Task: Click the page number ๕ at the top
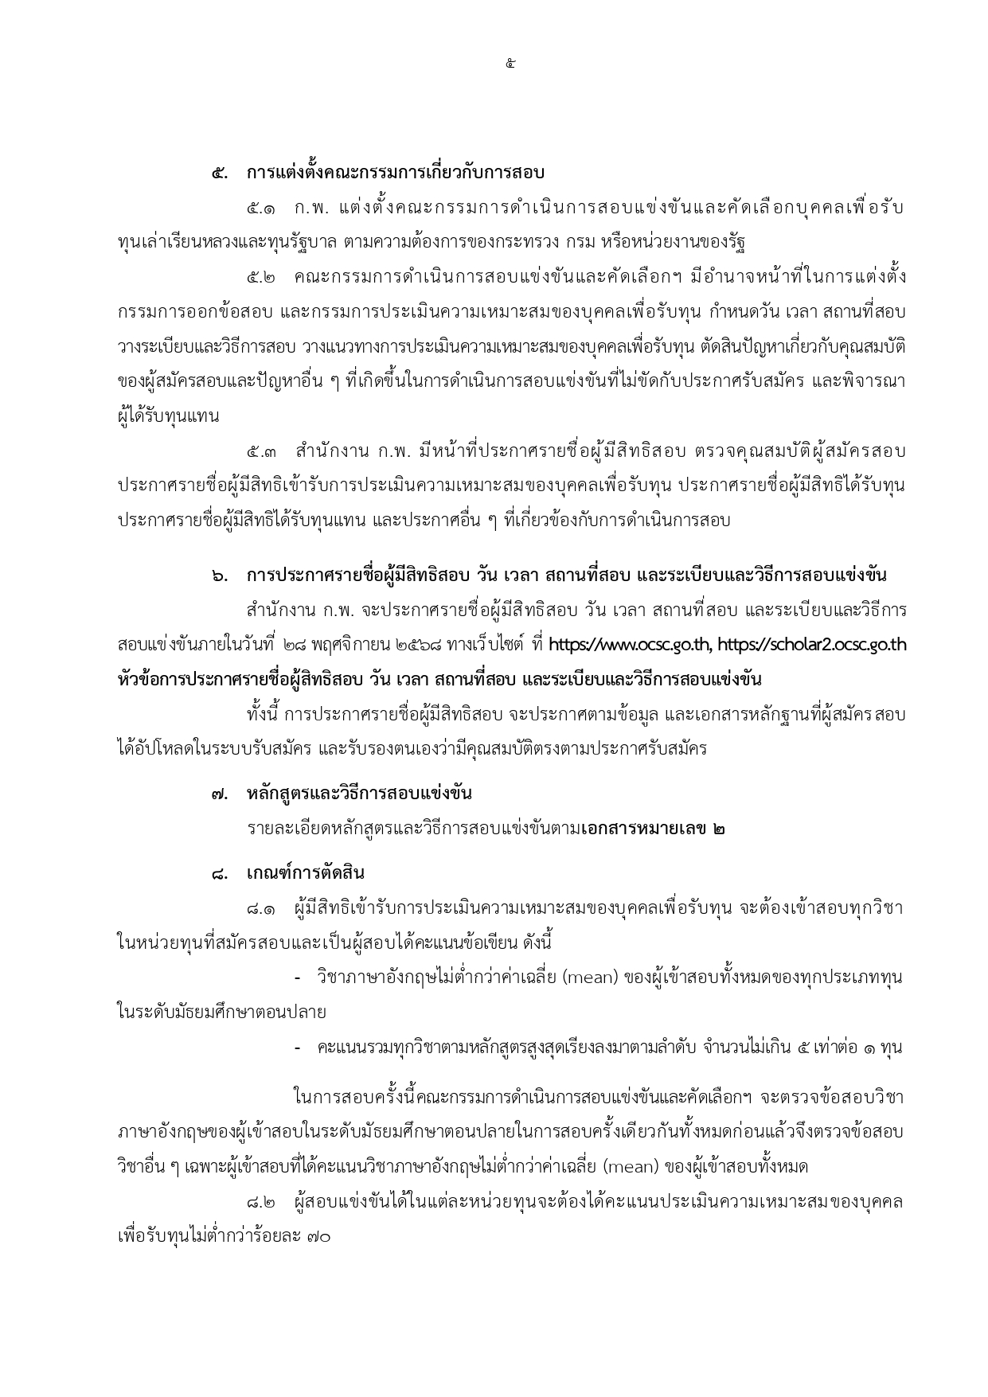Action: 510,64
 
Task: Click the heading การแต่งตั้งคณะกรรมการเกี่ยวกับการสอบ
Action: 395,173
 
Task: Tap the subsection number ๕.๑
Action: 262,208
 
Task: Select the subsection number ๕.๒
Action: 262,278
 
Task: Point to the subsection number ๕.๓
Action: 262,452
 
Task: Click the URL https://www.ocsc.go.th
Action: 634,646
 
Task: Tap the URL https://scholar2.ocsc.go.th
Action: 814,646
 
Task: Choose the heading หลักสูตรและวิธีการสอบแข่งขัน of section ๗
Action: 360,794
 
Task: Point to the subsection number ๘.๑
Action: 262,908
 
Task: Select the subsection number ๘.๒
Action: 262,1203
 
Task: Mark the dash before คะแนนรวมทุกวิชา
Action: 298,1048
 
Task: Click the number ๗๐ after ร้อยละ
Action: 318,1239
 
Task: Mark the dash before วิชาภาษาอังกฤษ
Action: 298,978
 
